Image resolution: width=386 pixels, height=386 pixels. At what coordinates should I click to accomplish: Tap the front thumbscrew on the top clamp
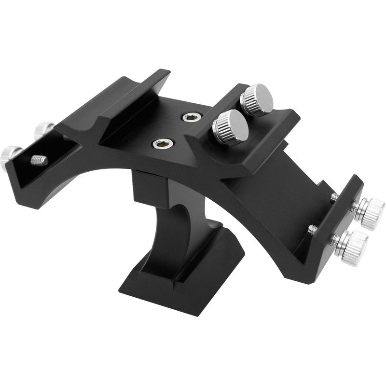[x=231, y=127]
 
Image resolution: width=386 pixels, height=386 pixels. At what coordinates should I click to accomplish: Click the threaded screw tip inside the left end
[x=39, y=160]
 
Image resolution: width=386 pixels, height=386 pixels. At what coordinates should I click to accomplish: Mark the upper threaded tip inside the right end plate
[x=334, y=197]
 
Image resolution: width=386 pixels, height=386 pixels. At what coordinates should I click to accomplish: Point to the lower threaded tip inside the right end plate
[x=312, y=230]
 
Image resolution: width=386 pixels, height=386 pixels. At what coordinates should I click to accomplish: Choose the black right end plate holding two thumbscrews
[x=338, y=222]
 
